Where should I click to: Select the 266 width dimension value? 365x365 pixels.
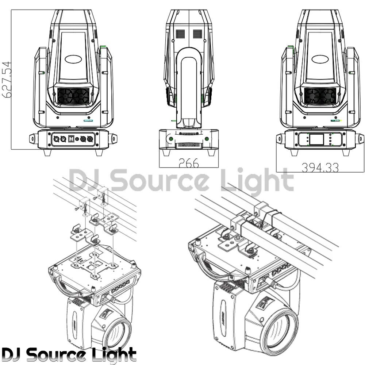[x=188, y=163]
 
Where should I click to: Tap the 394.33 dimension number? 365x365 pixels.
[x=320, y=167]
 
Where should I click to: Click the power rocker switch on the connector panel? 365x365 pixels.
[x=72, y=139]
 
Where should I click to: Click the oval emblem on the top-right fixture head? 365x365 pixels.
[x=320, y=58]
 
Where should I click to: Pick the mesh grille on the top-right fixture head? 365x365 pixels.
[x=320, y=96]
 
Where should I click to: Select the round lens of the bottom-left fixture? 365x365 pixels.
[x=116, y=331]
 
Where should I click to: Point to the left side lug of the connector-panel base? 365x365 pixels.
[x=33, y=139]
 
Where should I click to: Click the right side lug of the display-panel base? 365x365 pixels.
[x=360, y=139]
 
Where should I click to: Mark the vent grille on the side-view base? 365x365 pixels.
[x=188, y=146]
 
